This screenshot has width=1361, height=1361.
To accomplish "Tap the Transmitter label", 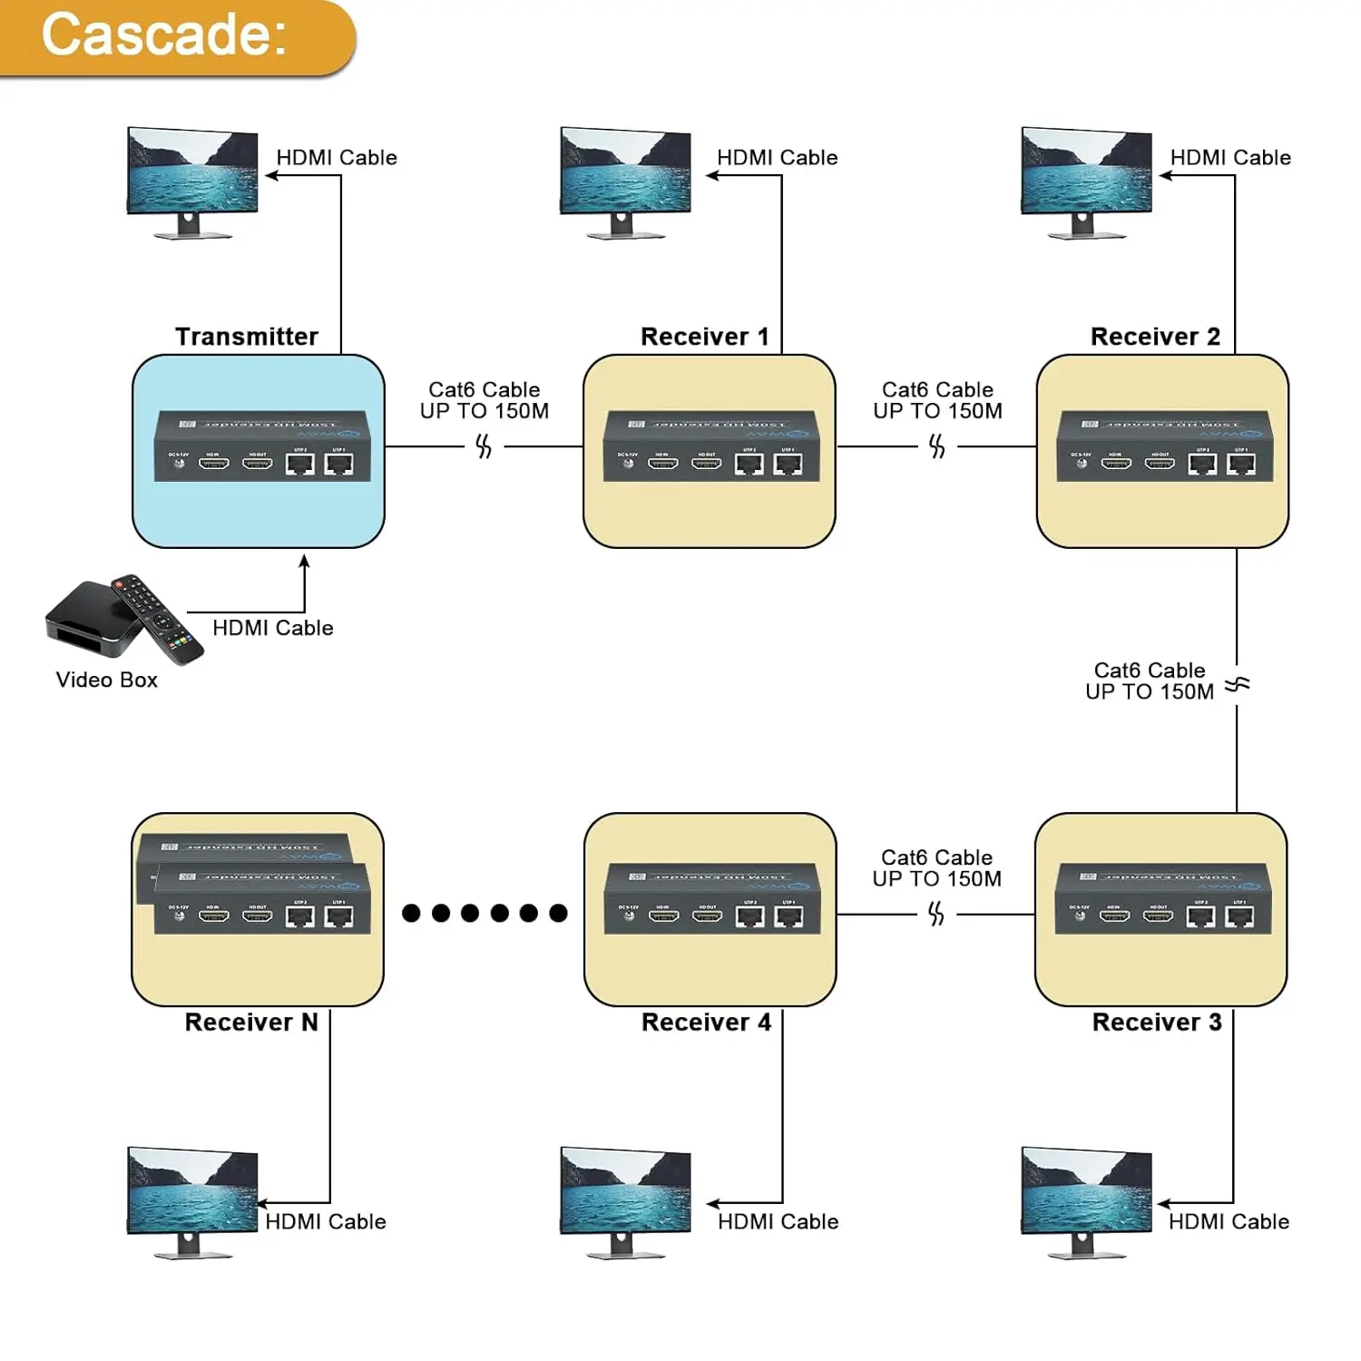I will point(246,337).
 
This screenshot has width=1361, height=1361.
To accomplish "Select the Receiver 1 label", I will point(704,337).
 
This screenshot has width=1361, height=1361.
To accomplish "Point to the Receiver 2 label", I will point(1154,337).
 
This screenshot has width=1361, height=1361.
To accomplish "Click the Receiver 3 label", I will point(1156,1023).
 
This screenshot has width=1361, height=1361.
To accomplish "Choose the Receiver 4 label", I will point(705,1023).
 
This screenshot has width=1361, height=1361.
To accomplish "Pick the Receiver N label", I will point(250,1023).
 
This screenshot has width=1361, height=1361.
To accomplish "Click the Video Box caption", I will point(106,680).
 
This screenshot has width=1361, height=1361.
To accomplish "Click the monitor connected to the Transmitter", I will point(191,181).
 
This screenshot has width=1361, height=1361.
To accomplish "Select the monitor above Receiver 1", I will point(625,181).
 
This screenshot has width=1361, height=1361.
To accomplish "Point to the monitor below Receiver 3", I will point(1086,1200).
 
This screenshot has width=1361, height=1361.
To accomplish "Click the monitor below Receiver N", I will point(191,1200).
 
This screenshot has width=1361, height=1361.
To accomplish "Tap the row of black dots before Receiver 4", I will point(485,913).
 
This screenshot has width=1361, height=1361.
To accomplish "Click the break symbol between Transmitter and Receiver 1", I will point(484,446).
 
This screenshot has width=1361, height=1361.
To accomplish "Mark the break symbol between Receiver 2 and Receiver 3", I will point(1237,684).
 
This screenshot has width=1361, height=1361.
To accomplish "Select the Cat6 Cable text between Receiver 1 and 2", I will point(937,390).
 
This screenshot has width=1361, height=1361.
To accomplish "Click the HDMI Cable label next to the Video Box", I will point(272,628).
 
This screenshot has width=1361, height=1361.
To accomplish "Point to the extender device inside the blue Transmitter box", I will point(262,446).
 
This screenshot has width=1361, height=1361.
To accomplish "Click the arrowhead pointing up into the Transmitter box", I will point(305,562).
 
